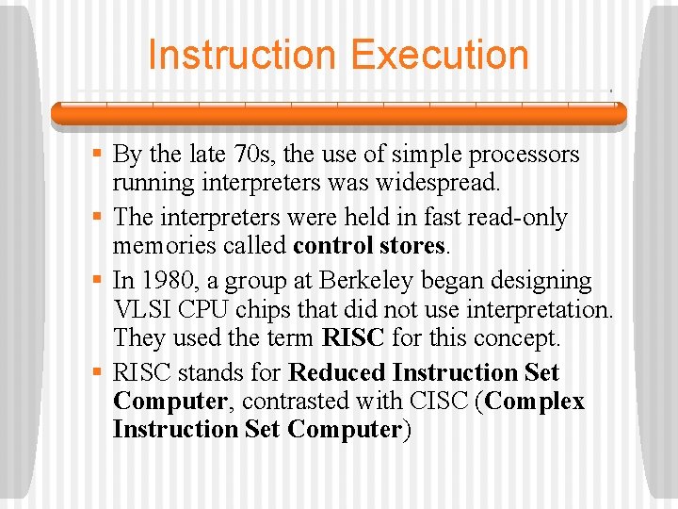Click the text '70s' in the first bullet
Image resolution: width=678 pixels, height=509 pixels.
click(x=249, y=155)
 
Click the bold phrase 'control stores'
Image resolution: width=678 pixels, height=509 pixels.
click(x=368, y=246)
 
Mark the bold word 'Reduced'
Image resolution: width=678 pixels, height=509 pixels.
click(x=337, y=373)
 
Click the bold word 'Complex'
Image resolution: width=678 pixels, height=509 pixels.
click(x=536, y=402)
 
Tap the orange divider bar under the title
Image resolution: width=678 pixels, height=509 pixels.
click(x=338, y=114)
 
